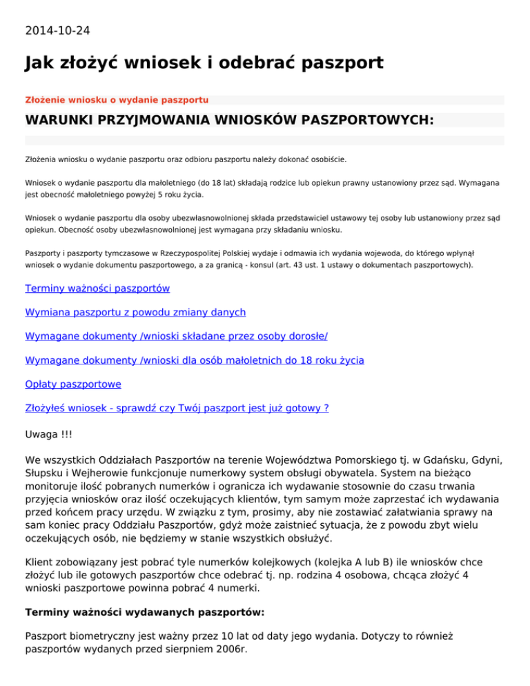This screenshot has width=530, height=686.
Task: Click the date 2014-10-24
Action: point(57,30)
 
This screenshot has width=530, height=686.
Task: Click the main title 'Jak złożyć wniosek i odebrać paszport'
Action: point(204,64)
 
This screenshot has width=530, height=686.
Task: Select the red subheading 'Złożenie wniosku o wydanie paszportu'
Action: point(117,100)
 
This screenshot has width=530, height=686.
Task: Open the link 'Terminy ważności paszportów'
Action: point(97,288)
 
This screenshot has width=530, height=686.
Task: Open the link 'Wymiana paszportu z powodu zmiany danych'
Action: point(135,313)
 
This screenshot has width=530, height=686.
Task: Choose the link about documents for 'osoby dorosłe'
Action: point(176,336)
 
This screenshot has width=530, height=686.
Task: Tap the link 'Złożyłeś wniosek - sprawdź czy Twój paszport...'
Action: point(177,408)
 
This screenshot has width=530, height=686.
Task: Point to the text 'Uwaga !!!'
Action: point(48,436)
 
